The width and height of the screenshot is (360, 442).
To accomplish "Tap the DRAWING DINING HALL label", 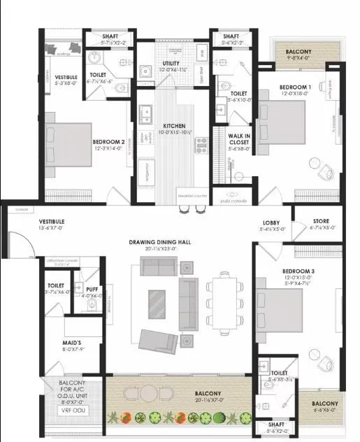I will tap(160, 242).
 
